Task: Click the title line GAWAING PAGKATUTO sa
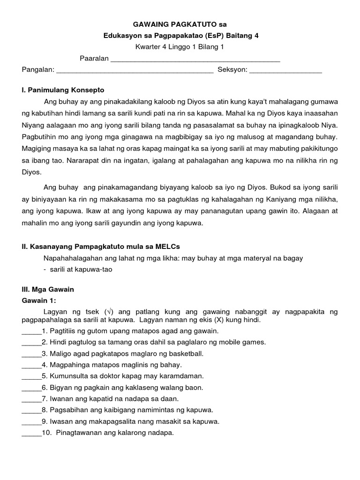(180, 24)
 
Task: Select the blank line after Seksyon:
(285, 71)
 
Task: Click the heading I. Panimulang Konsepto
(63, 90)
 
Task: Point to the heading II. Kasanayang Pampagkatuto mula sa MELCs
(101, 246)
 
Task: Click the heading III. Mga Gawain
(48, 289)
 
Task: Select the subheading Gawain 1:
(42, 300)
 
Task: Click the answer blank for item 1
(31, 332)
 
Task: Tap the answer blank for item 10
(31, 434)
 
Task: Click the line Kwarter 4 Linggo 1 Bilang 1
(180, 47)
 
